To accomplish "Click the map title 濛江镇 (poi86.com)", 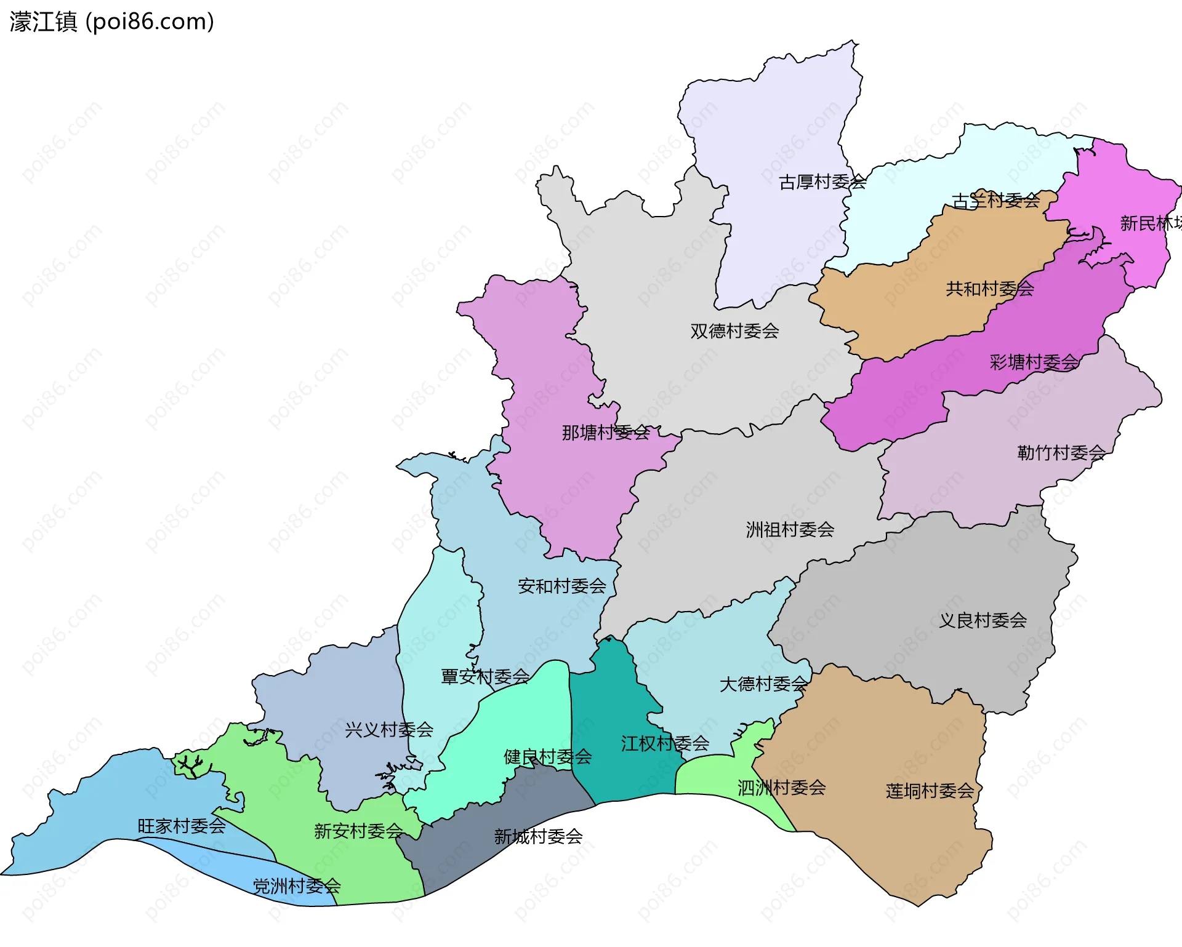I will (x=111, y=22).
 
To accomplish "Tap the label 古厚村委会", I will (x=822, y=182).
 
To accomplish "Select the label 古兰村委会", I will (x=995, y=201).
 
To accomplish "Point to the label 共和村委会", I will (x=990, y=289).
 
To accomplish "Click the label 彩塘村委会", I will (x=1034, y=362).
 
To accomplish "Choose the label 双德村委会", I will (x=734, y=331).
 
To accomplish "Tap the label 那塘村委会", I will (x=606, y=433).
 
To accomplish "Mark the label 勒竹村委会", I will (x=1061, y=453).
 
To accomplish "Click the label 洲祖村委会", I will (x=790, y=529).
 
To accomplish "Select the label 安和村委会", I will (x=562, y=586).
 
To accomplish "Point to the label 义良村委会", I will (x=983, y=620).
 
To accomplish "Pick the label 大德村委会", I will (x=763, y=684).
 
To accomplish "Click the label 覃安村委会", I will (x=485, y=677).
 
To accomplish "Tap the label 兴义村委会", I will (x=389, y=730).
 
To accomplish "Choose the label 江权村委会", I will (x=665, y=743).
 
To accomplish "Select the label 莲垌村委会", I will (x=930, y=791).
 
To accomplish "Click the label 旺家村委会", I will (x=182, y=826).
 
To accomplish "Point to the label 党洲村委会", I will (x=297, y=886).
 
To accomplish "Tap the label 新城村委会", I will (x=538, y=836).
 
